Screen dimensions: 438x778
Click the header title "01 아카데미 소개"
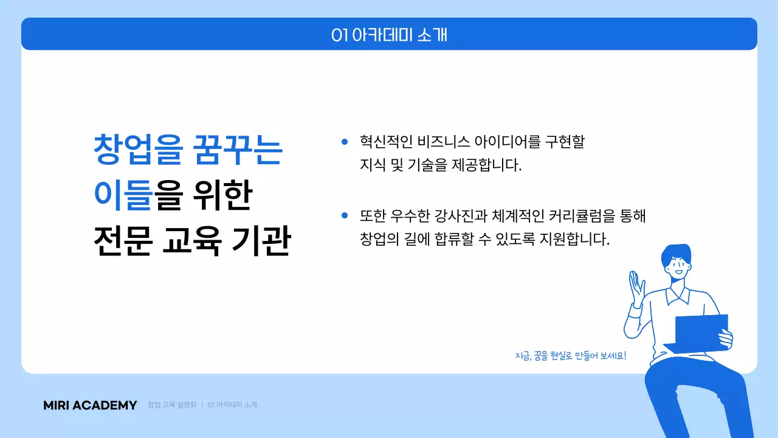point(389,35)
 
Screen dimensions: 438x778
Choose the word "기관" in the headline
point(261,240)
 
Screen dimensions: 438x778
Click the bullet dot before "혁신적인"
point(344,142)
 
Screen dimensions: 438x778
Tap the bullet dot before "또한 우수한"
point(344,215)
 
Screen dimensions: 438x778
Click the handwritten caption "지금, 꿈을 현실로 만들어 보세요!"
point(570,355)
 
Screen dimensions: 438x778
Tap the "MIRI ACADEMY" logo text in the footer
point(90,405)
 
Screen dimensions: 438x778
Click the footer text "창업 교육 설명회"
point(172,405)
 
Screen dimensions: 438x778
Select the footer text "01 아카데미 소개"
point(232,405)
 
